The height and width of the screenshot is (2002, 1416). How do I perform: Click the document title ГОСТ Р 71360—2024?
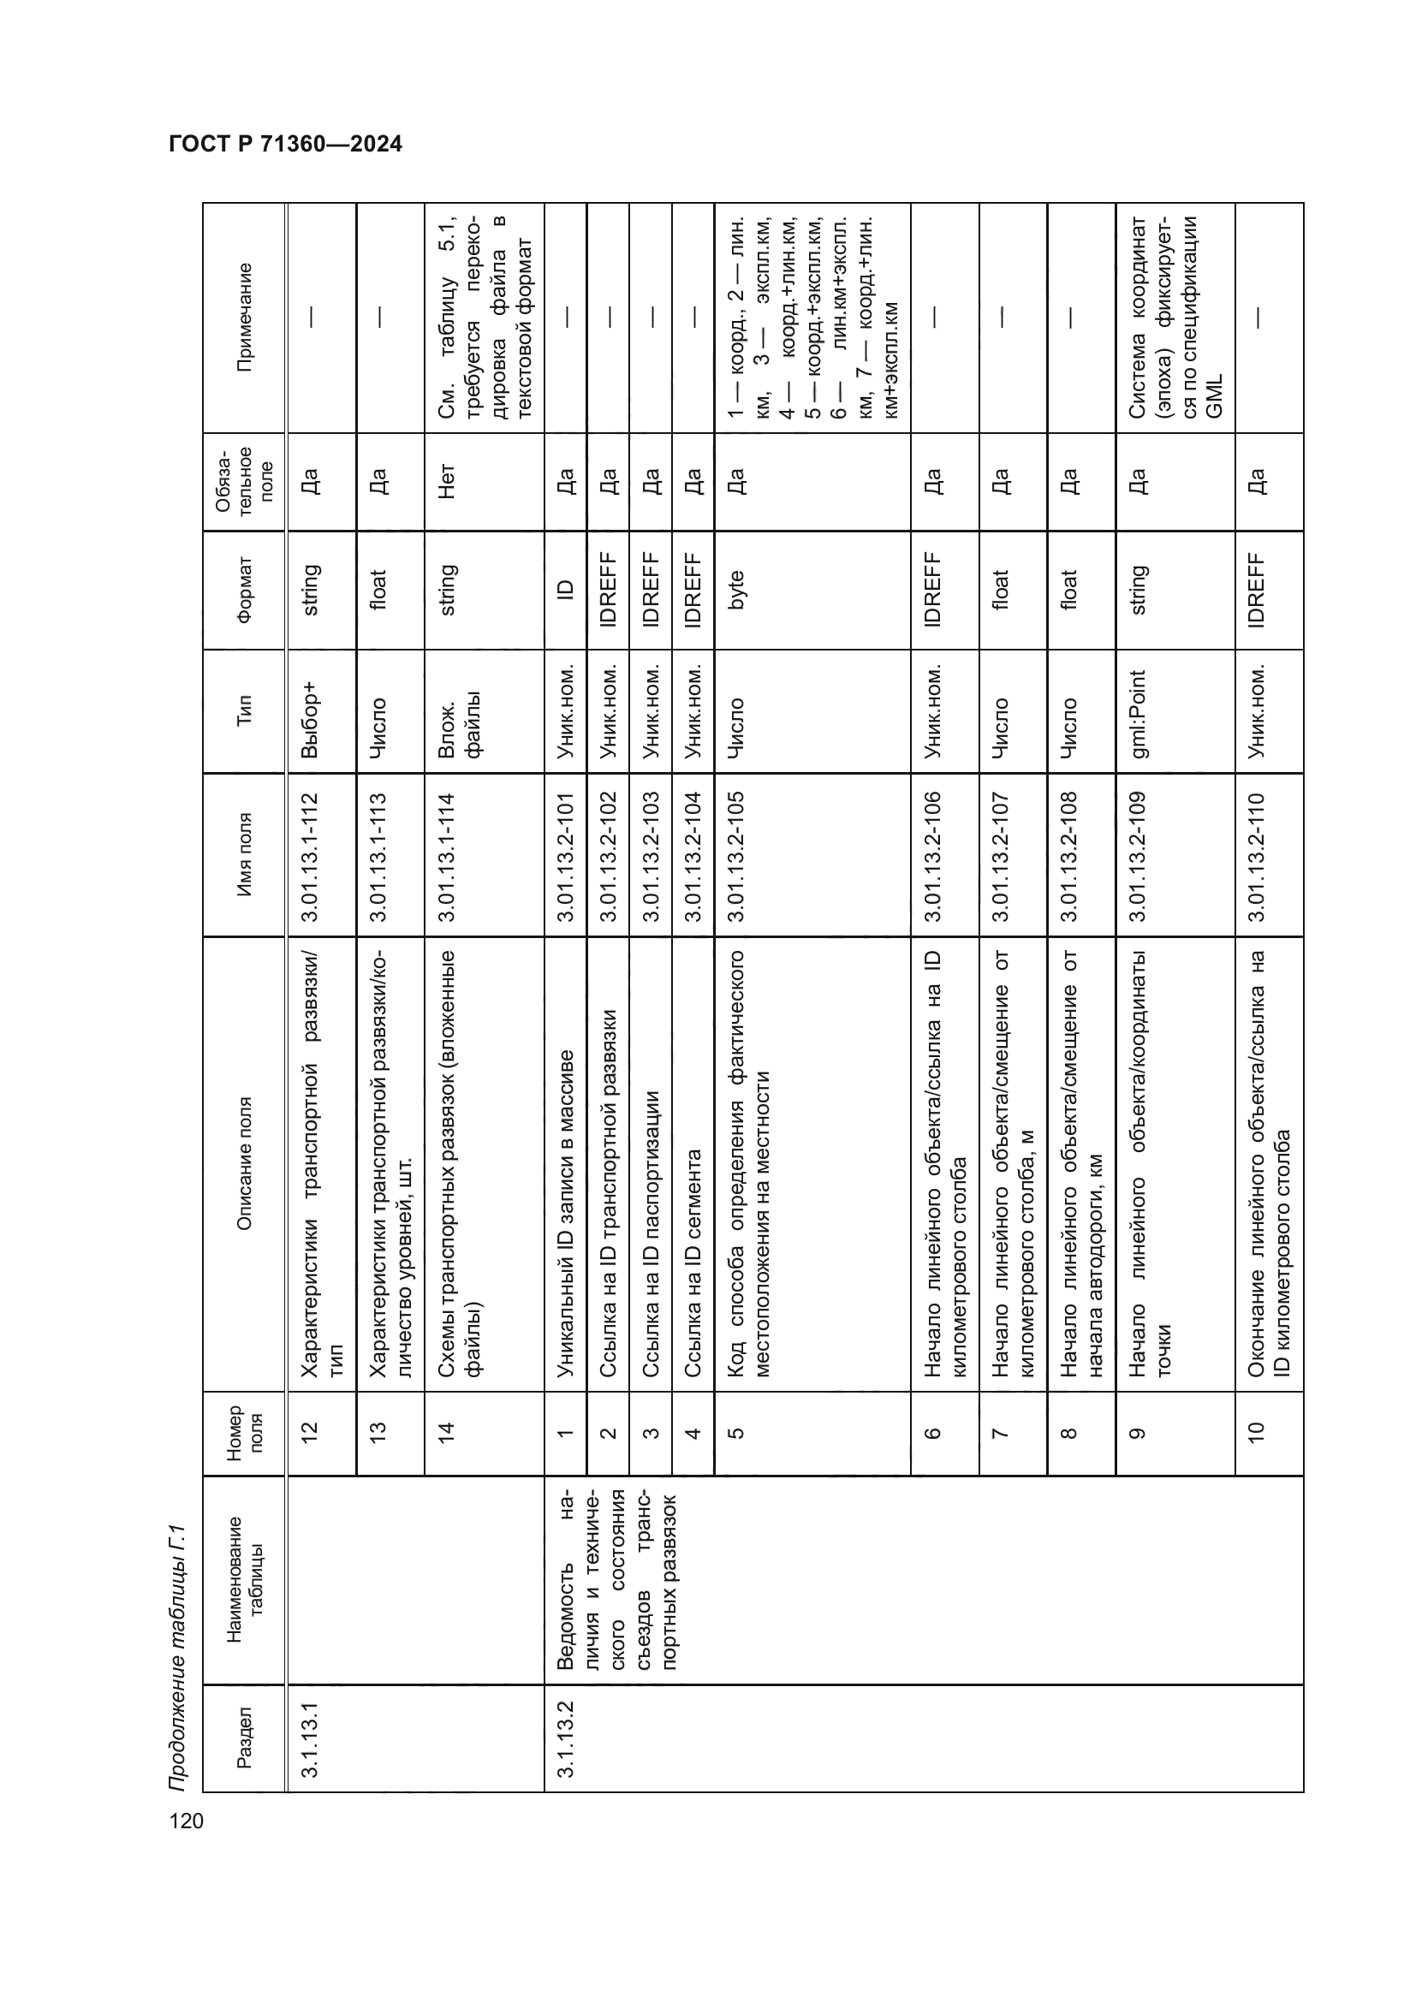pos(285,144)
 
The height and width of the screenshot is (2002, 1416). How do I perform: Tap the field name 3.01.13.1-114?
pos(446,855)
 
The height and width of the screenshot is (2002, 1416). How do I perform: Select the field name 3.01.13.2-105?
pos(735,855)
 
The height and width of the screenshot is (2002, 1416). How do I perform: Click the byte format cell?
pos(735,591)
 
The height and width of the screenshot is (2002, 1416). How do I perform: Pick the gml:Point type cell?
pos(1138,713)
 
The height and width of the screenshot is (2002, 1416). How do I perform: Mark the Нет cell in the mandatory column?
pos(446,481)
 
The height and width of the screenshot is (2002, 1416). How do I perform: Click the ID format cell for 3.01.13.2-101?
pos(565,591)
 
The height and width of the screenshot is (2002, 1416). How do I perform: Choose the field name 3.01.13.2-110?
pos(1258,855)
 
